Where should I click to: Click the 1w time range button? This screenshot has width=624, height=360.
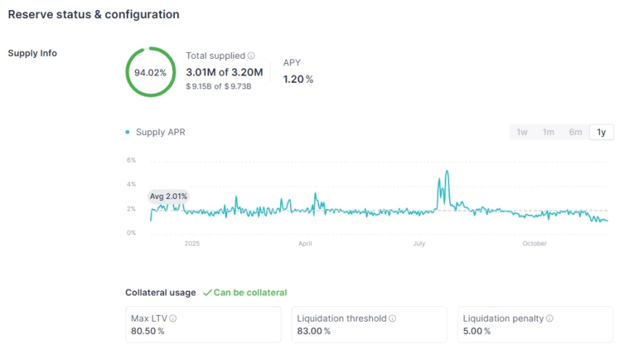[522, 132]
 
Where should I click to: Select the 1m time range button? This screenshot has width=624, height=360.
[549, 132]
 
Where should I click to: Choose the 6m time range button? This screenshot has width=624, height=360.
[575, 132]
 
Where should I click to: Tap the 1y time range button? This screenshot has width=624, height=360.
[602, 132]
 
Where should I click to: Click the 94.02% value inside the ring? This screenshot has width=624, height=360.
[150, 73]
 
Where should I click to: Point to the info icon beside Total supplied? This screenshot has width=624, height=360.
[252, 56]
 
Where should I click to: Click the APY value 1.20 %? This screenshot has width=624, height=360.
[298, 79]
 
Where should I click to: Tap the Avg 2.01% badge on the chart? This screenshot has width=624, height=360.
[168, 196]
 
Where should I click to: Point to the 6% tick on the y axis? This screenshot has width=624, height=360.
[131, 160]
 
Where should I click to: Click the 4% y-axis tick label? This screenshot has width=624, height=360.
[131, 184]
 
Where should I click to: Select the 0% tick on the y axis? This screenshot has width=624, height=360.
[131, 233]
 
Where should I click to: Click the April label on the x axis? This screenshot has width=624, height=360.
[305, 244]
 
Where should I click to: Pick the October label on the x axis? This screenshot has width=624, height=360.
[535, 244]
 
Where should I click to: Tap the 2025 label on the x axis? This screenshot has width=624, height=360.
[192, 244]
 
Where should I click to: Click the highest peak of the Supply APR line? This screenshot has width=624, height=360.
[447, 171]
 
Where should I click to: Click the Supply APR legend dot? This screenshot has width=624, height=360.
[128, 132]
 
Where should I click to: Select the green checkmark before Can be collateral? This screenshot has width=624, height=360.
[207, 292]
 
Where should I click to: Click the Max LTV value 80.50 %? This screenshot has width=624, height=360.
[147, 331]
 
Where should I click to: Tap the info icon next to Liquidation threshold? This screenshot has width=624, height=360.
[393, 319]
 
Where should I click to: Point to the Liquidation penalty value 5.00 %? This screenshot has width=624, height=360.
[477, 331]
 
